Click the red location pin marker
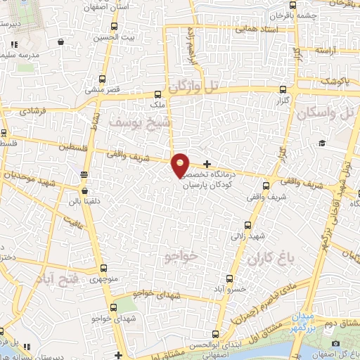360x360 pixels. [x=181, y=165]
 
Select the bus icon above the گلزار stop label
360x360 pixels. [x=283, y=90]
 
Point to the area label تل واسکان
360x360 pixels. [x=328, y=112]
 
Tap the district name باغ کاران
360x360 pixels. [x=269, y=259]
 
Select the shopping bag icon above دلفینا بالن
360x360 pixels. [x=84, y=190]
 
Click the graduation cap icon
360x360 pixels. [x=321, y=143]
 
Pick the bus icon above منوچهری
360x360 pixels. [x=104, y=268]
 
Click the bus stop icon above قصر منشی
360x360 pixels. [x=103, y=78]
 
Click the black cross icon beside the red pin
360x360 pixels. [x=207, y=164]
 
